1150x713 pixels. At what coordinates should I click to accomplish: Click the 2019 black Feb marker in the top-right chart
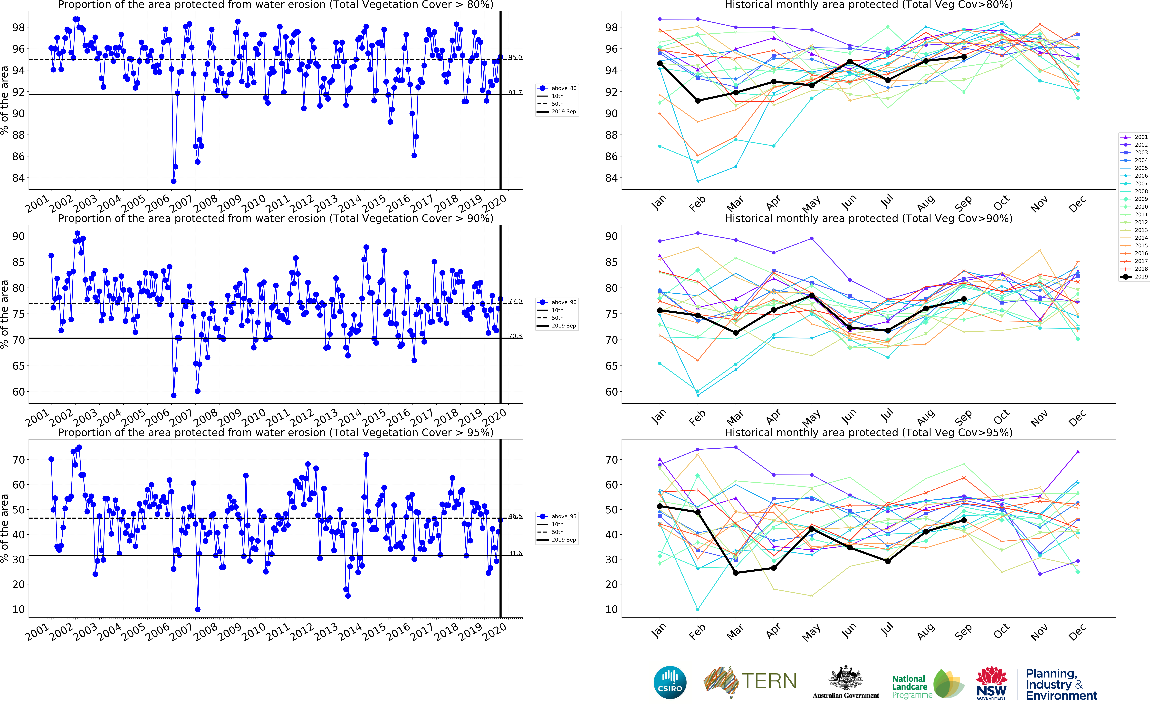698,100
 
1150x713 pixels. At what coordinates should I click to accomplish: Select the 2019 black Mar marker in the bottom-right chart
736,573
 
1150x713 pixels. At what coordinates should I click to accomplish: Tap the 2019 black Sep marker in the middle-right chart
964,299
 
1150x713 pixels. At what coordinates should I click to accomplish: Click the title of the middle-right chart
868,218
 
